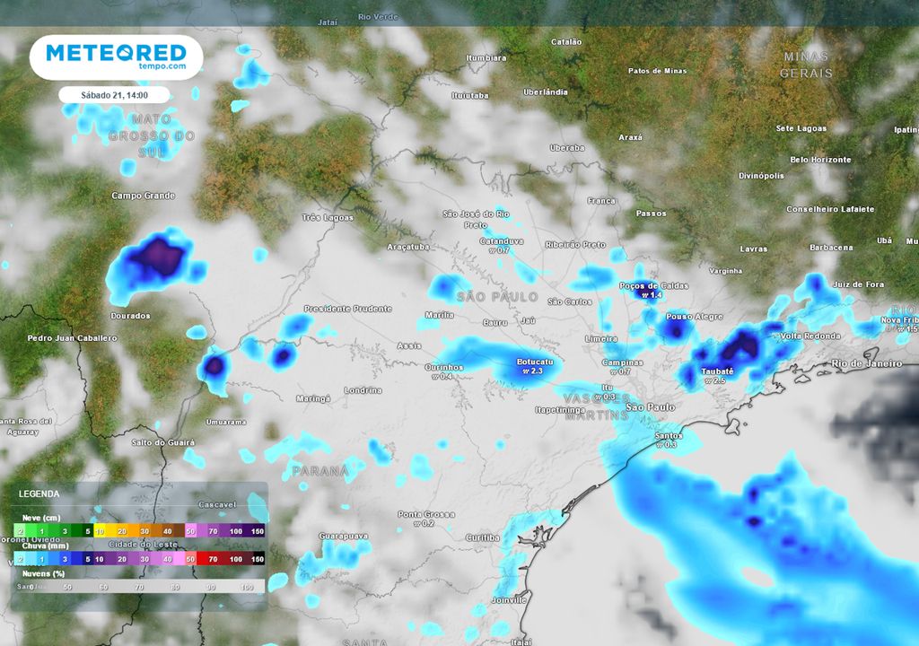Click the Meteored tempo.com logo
coord(116,57)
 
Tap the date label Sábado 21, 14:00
coord(114,94)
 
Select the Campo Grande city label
coord(144,196)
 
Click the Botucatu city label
coord(535,362)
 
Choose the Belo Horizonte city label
coord(820,160)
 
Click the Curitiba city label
coord(483,537)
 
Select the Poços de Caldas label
coord(653,285)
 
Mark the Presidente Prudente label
coord(347,309)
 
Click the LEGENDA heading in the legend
coord(39,493)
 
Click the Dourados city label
coord(130,316)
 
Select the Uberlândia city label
coord(546,92)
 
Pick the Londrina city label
coord(363,390)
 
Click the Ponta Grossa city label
coord(426,514)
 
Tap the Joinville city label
coord(508,599)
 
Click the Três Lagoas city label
coord(328,217)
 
